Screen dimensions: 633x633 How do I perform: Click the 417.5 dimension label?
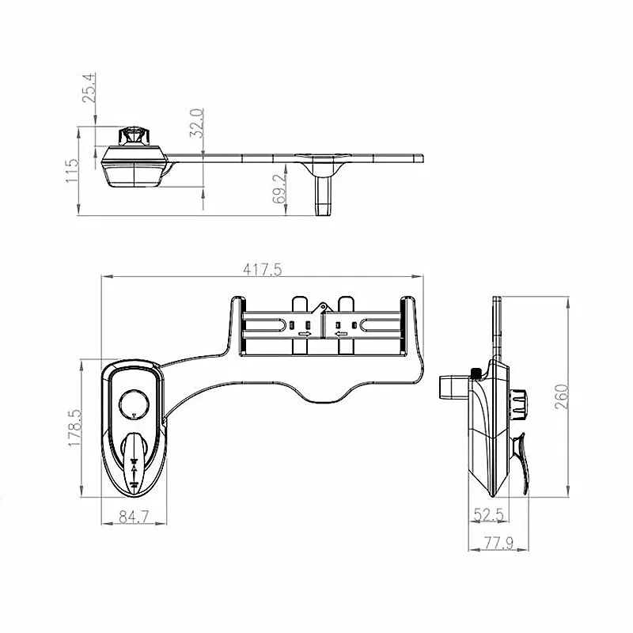tap(263, 270)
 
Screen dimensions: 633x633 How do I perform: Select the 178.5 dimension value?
tap(75, 428)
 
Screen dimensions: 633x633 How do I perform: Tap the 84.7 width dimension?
tap(134, 517)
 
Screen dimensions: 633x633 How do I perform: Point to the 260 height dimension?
tap(562, 396)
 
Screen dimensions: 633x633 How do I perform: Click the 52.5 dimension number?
tap(488, 515)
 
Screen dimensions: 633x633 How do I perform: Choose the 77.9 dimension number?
tap(498, 544)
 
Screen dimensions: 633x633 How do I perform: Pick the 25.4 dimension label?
tap(89, 88)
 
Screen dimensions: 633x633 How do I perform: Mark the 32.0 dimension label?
tap(196, 123)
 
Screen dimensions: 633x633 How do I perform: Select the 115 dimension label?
tap(72, 170)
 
